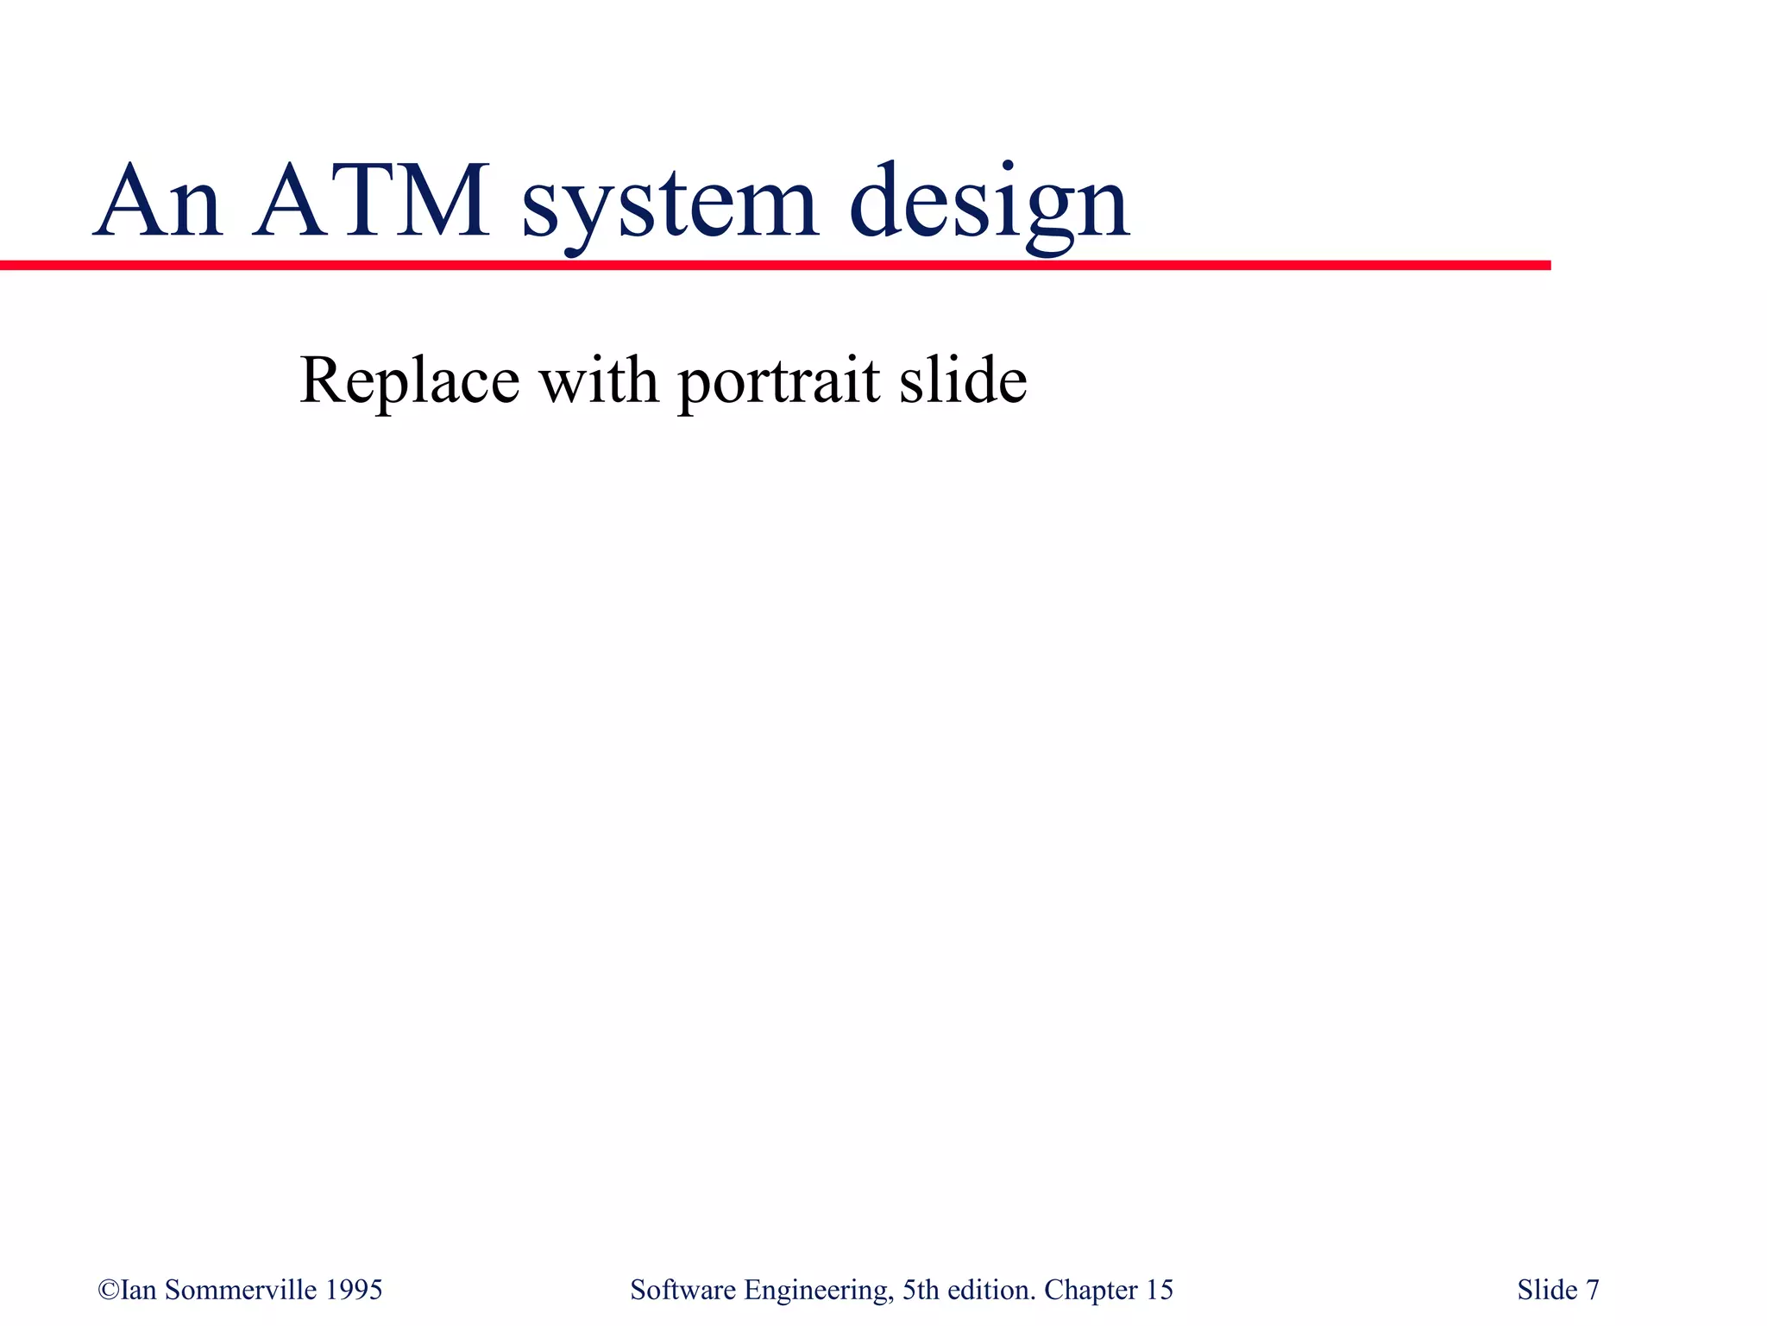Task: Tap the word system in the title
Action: pyautogui.click(x=670, y=207)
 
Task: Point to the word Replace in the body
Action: pyautogui.click(x=409, y=380)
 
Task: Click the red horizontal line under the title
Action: pyautogui.click(x=777, y=265)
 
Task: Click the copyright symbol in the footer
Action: pyautogui.click(x=109, y=1290)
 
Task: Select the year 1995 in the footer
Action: pyautogui.click(x=354, y=1290)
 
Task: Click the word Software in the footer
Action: pyautogui.click(x=682, y=1290)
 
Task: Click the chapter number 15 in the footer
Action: pyautogui.click(x=1159, y=1290)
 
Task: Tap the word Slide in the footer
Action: pyautogui.click(x=1547, y=1290)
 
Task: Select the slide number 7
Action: pyautogui.click(x=1593, y=1290)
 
